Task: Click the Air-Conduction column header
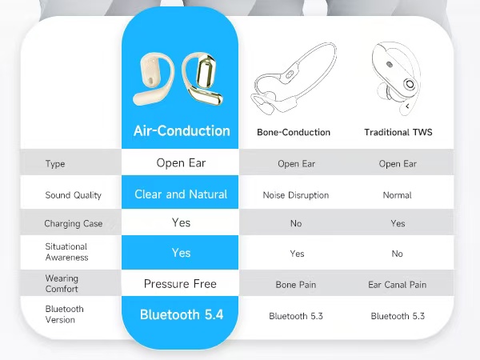(x=182, y=131)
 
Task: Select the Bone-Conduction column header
(x=294, y=133)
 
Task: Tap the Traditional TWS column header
(x=398, y=133)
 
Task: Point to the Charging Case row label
(x=74, y=224)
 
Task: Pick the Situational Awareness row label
(x=66, y=252)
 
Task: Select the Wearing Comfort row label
(x=62, y=284)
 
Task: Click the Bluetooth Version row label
(x=65, y=314)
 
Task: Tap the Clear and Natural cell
(x=182, y=194)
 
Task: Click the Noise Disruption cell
(x=295, y=195)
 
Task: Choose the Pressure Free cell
(x=181, y=284)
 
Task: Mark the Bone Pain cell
(x=296, y=285)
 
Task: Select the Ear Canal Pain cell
(x=398, y=285)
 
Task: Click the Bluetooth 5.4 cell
(x=182, y=314)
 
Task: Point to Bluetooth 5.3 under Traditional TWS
(x=398, y=316)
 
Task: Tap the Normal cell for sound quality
(x=398, y=195)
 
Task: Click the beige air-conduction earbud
(x=153, y=80)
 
